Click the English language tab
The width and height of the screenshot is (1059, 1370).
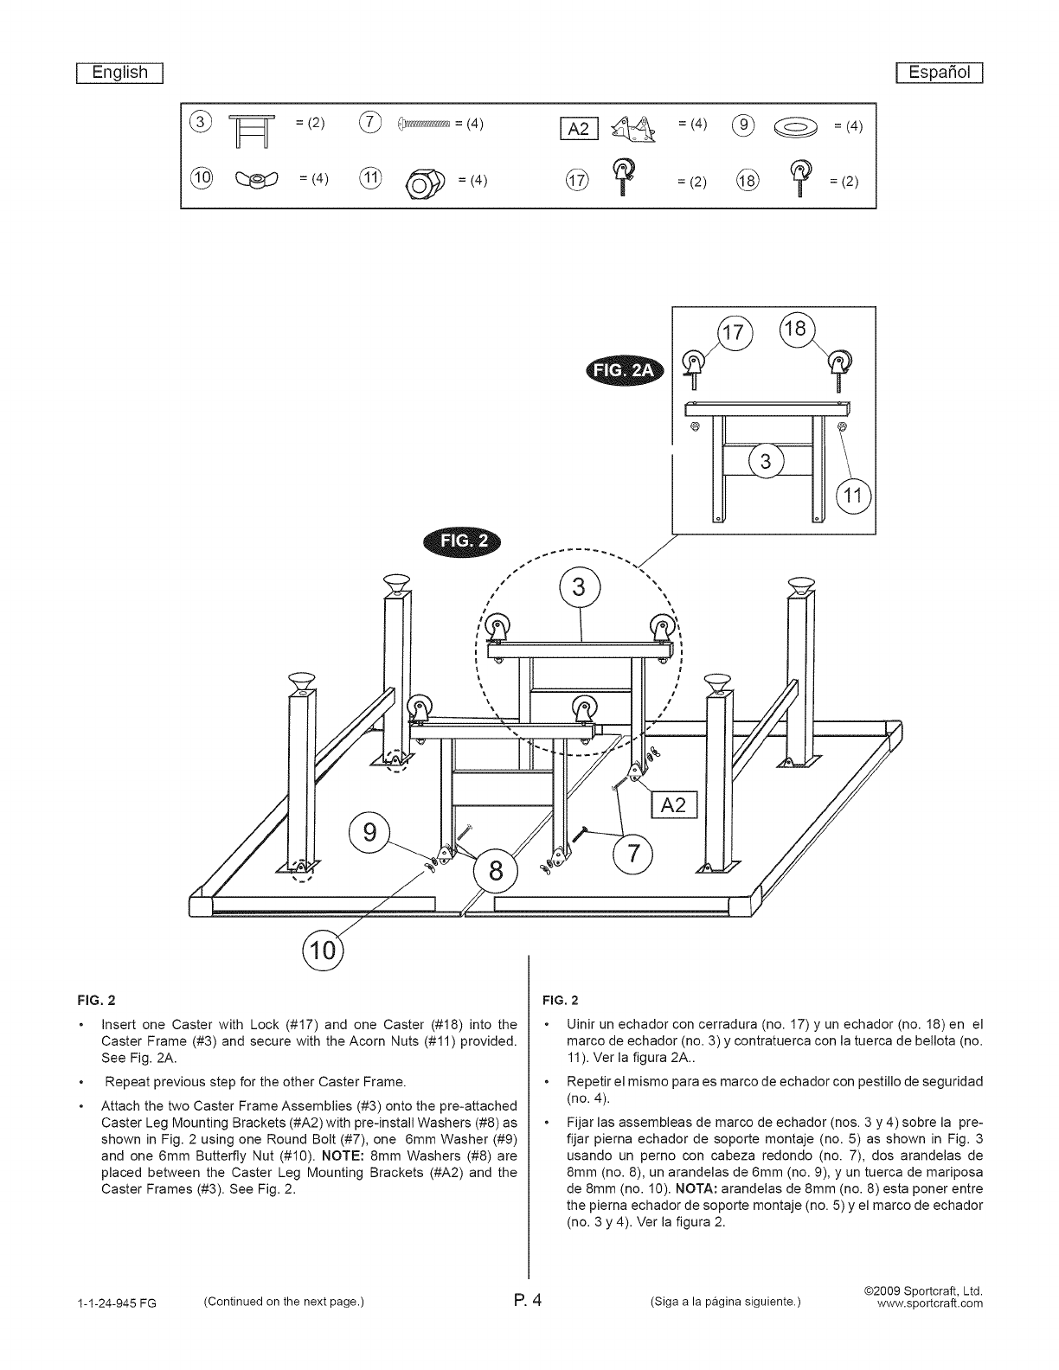120,73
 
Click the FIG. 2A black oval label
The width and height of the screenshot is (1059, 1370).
624,372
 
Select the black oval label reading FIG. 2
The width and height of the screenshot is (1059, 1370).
465,542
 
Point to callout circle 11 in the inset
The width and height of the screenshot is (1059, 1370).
854,496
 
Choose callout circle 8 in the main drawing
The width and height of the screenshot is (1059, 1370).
497,870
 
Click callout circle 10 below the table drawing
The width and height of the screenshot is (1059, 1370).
321,951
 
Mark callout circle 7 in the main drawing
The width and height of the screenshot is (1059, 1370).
634,854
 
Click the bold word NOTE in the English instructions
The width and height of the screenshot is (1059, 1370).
343,1156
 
